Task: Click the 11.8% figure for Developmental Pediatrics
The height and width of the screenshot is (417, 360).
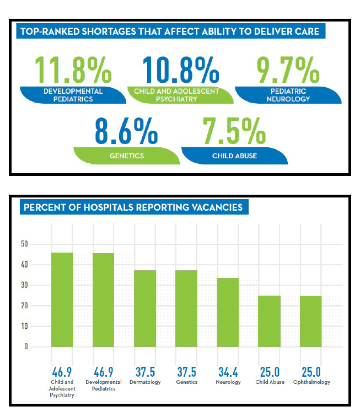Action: tap(73, 68)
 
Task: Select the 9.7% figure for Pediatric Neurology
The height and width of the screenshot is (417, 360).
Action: tap(288, 68)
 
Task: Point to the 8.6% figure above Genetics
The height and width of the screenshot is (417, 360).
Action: tap(126, 129)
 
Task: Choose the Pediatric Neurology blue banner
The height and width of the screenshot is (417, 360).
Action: tap(288, 95)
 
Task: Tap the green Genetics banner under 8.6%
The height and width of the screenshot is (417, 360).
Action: tap(127, 156)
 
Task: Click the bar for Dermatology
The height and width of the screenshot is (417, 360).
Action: tap(145, 308)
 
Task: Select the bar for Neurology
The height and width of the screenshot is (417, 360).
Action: tap(228, 312)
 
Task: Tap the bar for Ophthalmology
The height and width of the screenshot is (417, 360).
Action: tap(311, 322)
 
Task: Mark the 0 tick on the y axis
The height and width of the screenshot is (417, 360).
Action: tap(26, 347)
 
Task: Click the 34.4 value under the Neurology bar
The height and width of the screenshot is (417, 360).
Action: tap(228, 372)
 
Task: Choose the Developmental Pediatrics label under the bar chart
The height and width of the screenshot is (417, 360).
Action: tap(104, 385)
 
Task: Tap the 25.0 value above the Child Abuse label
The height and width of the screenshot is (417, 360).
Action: tap(269, 372)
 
